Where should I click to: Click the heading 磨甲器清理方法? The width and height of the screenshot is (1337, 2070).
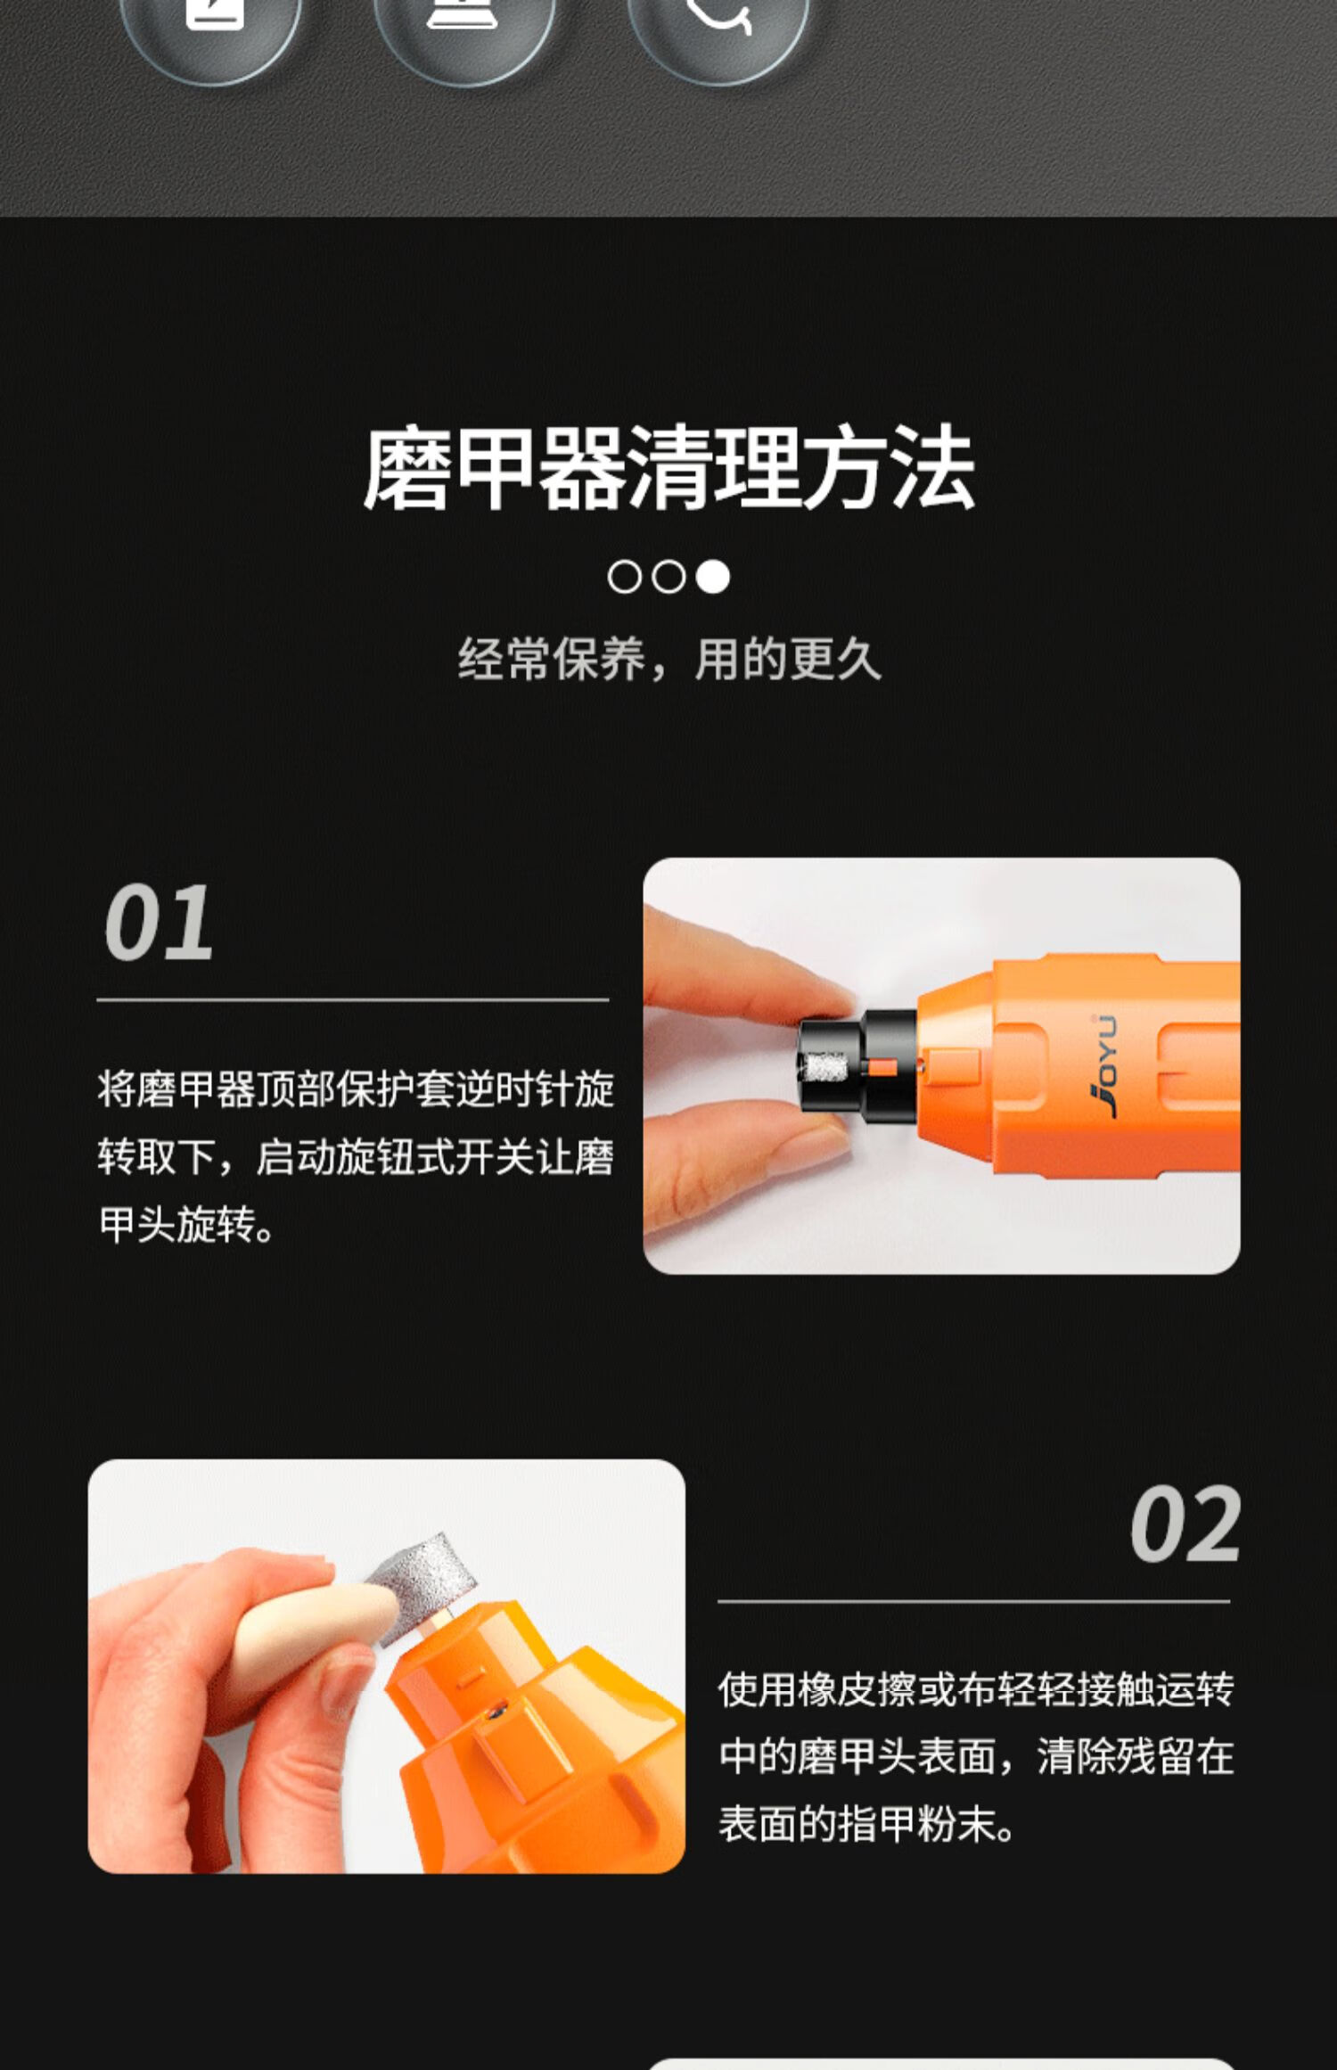click(x=668, y=468)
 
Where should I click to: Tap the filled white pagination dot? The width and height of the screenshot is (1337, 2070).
click(x=712, y=577)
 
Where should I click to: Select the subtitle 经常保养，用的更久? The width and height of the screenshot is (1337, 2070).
click(x=669, y=660)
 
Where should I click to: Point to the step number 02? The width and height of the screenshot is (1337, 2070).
click(x=1185, y=1524)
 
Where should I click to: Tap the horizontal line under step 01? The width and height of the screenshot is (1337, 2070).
click(x=353, y=999)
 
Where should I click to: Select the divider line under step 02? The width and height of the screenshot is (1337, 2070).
click(x=973, y=1601)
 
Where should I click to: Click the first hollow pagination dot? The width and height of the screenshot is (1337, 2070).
click(x=624, y=577)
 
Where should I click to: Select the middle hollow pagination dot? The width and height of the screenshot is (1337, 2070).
click(x=668, y=577)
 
